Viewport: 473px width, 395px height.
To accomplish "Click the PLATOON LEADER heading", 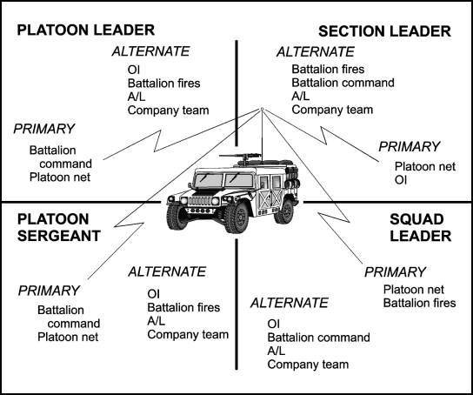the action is [x=86, y=30].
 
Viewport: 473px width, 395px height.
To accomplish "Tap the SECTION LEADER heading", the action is [x=384, y=31].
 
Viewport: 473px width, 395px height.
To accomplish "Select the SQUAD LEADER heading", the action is [x=421, y=228].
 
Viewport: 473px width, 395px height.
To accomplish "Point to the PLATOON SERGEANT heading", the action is [x=59, y=228].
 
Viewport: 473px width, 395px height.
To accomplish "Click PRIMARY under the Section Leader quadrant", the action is [x=410, y=147].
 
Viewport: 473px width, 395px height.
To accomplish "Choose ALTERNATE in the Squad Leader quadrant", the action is [x=290, y=303].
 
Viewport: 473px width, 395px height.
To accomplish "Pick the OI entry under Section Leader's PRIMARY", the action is [x=401, y=180].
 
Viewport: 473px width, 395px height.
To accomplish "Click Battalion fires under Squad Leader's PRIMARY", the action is [x=420, y=303].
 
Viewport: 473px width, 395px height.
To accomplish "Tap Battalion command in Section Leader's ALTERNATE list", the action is [x=343, y=83].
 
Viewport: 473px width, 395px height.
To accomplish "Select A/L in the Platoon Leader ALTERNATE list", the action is [x=137, y=97].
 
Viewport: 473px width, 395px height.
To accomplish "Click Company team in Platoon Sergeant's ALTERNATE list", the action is [x=188, y=335].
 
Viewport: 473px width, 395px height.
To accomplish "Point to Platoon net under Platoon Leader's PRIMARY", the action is [x=60, y=177].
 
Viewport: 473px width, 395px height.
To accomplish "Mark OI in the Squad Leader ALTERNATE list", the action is [x=274, y=324].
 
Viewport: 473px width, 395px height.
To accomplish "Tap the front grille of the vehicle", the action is [x=199, y=201].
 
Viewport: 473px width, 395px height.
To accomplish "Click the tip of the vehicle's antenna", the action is [x=262, y=109].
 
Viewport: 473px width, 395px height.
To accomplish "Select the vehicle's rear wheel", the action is [x=284, y=211].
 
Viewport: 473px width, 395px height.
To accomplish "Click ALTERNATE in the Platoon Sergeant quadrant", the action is [x=167, y=271].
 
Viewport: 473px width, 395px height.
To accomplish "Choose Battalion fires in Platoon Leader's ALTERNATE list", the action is [x=163, y=84].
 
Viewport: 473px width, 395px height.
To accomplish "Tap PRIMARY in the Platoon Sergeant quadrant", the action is [x=49, y=291].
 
